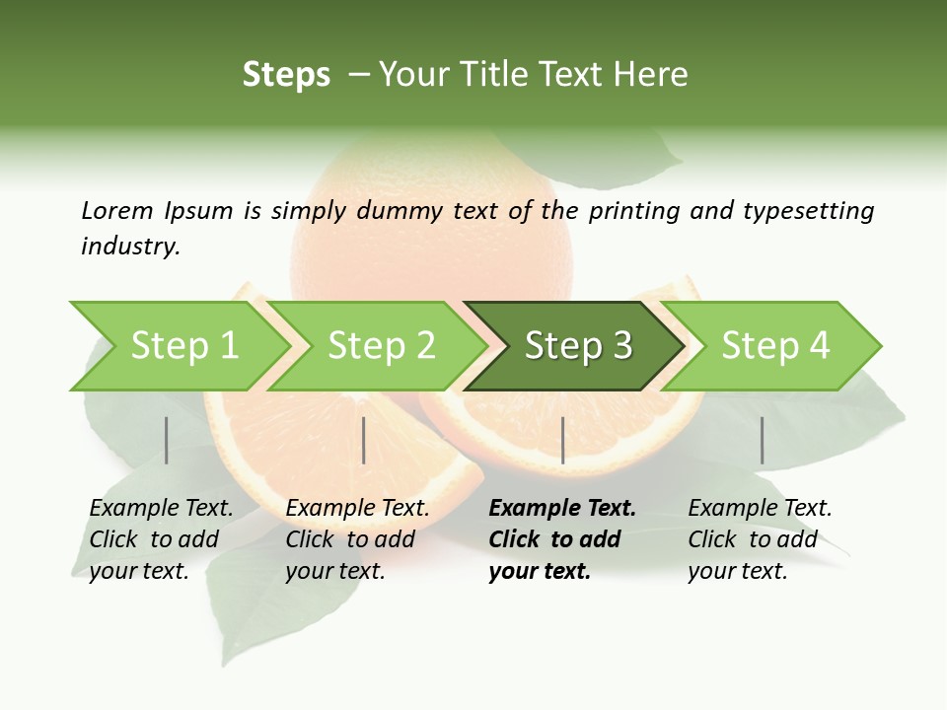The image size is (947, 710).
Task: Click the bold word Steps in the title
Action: pos(286,74)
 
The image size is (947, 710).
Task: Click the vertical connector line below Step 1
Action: pos(167,440)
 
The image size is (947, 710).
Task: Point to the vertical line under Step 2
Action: pos(364,440)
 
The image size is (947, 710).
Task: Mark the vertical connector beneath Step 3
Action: pos(562,440)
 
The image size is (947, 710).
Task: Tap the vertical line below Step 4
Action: pos(762,440)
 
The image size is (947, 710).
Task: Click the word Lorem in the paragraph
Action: pos(116,210)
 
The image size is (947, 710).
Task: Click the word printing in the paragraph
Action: pos(635,211)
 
